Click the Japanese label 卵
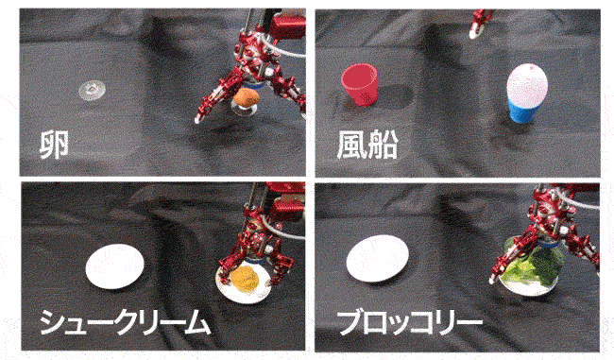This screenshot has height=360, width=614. tap(55, 145)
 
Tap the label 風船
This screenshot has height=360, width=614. tap(367, 145)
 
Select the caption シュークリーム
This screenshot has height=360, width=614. tap(125, 322)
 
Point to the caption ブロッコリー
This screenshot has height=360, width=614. tap(410, 322)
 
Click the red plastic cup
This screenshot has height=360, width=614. tap(360, 85)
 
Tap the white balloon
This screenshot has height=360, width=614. tap(527, 85)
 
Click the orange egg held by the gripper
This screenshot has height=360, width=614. tap(247, 97)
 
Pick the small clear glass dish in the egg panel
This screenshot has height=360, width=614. tap(92, 91)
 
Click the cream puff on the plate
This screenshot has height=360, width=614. tap(245, 278)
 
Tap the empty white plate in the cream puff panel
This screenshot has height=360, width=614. tap(114, 266)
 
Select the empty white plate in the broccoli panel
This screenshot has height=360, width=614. tap(378, 259)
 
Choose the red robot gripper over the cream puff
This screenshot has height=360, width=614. tap(261, 235)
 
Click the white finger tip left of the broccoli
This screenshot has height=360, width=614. tap(492, 280)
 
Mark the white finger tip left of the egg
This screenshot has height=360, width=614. tap(198, 119)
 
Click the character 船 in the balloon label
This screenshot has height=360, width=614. tap(383, 145)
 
